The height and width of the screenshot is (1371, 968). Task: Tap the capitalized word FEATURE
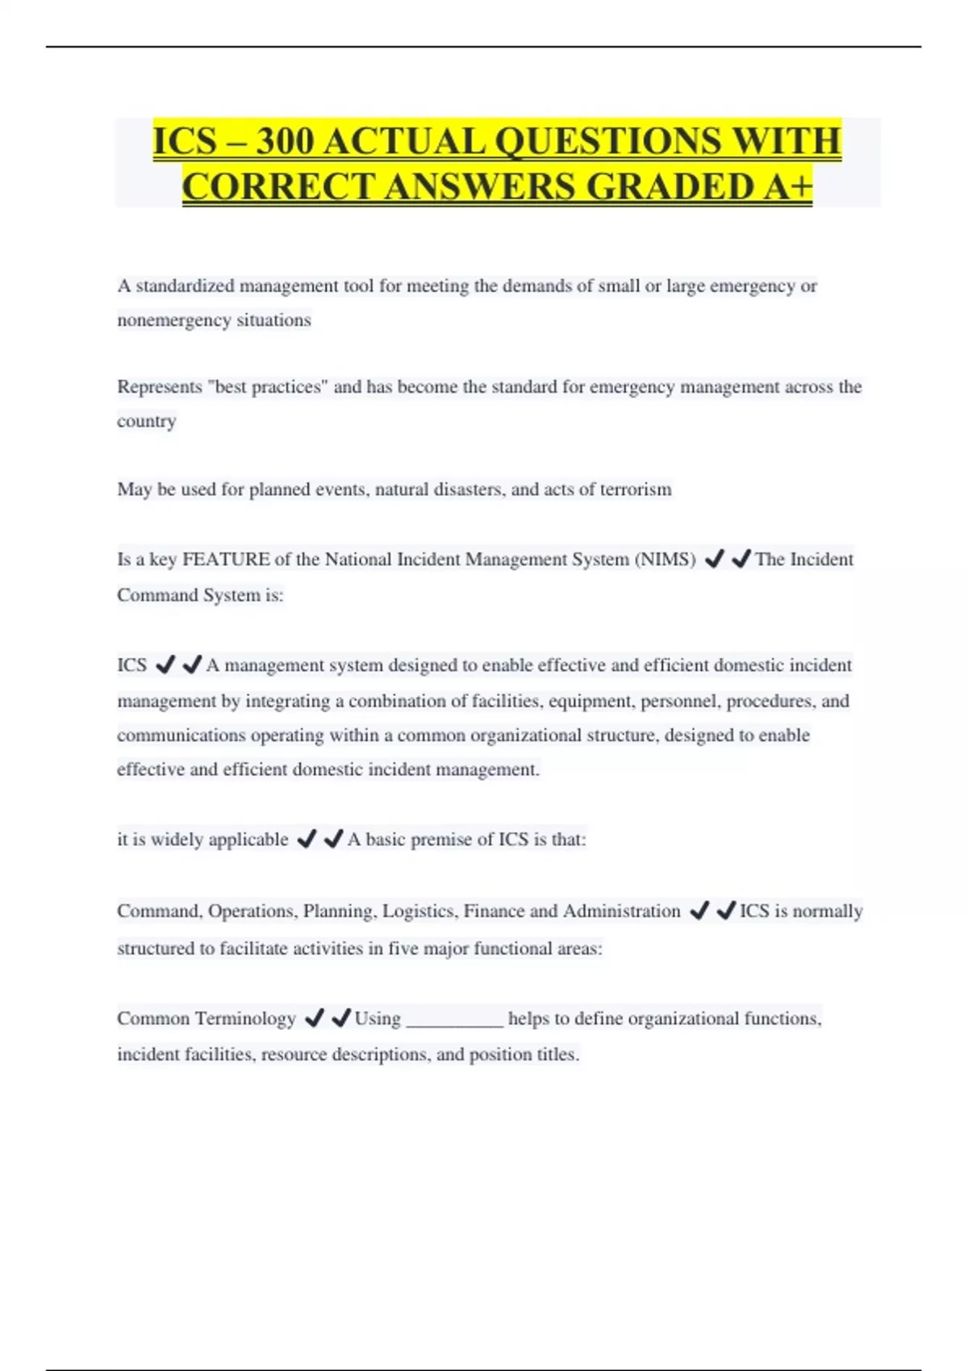click(226, 560)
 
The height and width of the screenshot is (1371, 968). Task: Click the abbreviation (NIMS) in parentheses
click(665, 560)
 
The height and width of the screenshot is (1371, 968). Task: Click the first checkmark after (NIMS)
click(714, 559)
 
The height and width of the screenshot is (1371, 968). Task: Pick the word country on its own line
click(146, 422)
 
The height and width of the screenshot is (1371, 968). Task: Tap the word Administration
click(621, 911)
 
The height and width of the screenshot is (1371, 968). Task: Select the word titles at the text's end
click(558, 1055)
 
